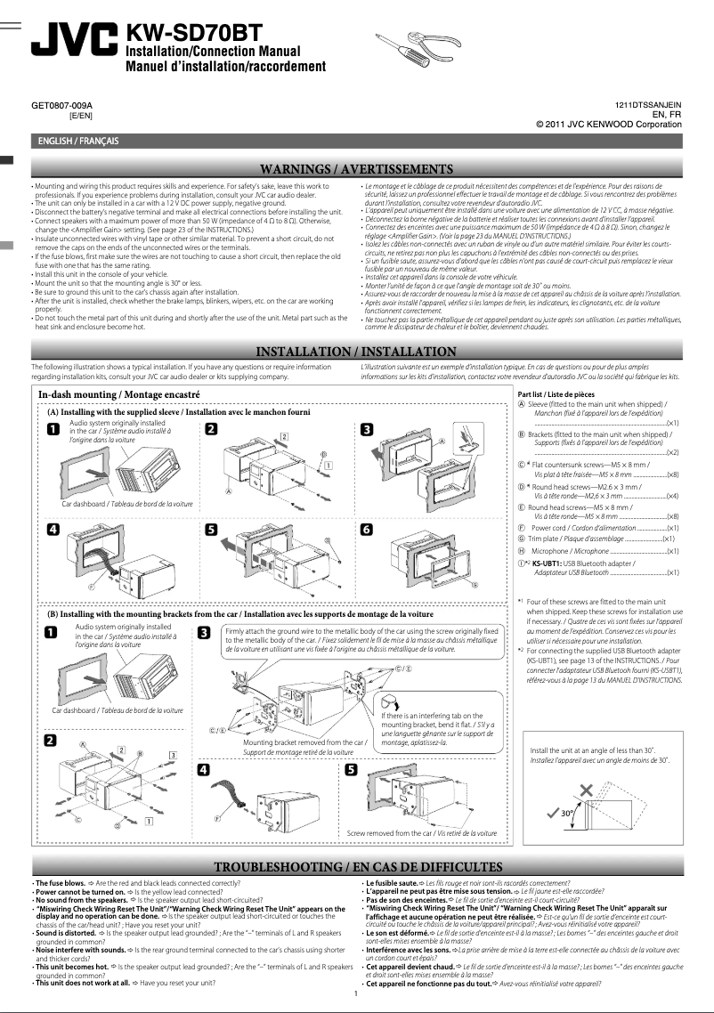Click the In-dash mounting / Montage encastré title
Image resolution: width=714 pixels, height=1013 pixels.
coord(118,393)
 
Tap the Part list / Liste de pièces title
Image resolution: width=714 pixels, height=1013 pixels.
coord(556,393)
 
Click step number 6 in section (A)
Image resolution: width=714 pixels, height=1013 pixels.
coord(367,529)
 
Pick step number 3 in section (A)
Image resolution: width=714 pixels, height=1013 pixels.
coord(367,430)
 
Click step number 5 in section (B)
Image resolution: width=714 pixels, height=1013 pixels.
coord(352,769)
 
